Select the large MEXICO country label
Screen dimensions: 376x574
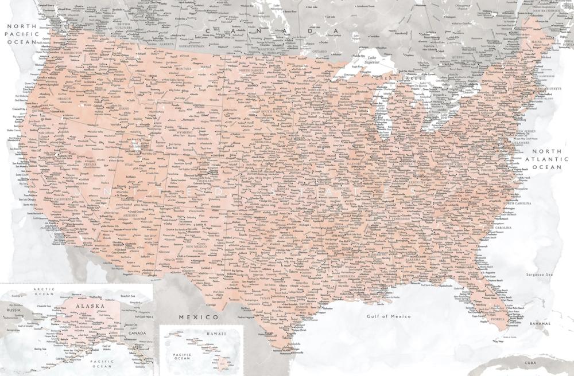click(x=198, y=316)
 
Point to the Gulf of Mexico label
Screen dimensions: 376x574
click(x=390, y=316)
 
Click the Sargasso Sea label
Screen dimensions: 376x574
click(x=540, y=275)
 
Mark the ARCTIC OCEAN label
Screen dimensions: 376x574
click(x=44, y=292)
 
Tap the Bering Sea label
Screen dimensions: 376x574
click(x=40, y=348)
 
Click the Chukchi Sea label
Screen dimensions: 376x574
click(x=45, y=306)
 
